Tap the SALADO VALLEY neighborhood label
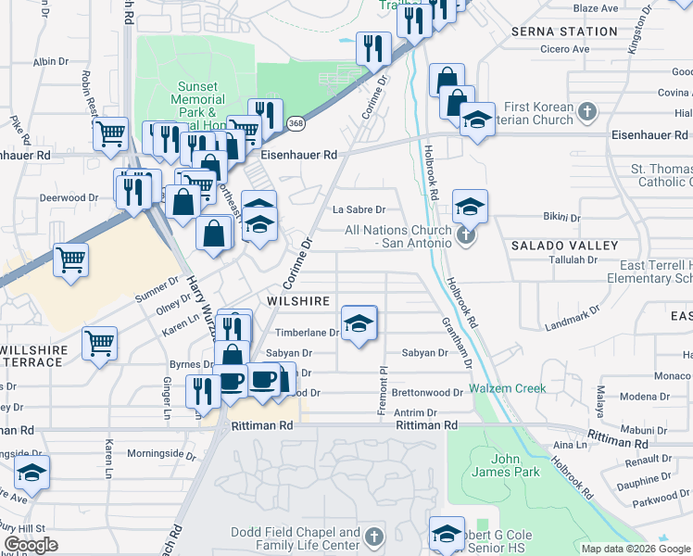564,246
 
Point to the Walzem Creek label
507,388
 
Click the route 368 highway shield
296,123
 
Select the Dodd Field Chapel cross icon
373,537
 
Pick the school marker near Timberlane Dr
359,322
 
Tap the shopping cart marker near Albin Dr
110,133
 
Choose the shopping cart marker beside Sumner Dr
70,259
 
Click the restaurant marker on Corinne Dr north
372,48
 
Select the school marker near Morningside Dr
31,474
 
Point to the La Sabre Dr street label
359,209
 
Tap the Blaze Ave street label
595,8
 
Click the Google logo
31,545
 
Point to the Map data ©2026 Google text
635,549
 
